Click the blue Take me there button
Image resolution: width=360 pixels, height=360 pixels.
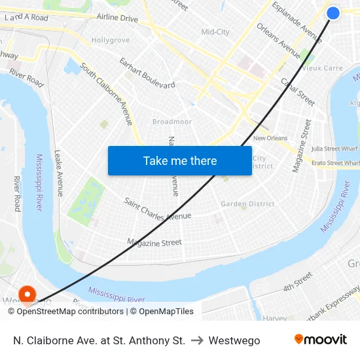click(180, 160)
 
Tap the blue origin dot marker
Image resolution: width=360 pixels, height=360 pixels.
click(333, 13)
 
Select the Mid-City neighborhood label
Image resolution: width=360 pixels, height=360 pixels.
click(215, 31)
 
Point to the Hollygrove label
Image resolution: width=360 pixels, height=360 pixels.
click(110, 40)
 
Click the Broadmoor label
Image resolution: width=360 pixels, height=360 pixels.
click(172, 122)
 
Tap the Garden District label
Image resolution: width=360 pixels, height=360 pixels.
click(247, 204)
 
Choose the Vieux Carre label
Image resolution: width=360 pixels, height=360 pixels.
click(322, 68)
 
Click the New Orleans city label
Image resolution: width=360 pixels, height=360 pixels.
click(270, 138)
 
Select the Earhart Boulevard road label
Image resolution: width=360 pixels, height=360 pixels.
click(147, 73)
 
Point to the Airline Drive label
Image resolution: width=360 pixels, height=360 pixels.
click(117, 18)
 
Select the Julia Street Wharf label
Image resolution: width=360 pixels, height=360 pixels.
click(334, 149)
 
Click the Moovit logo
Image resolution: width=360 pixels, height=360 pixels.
click(321, 340)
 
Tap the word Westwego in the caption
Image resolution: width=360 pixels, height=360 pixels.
click(234, 340)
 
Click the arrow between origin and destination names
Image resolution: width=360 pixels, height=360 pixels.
click(197, 340)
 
